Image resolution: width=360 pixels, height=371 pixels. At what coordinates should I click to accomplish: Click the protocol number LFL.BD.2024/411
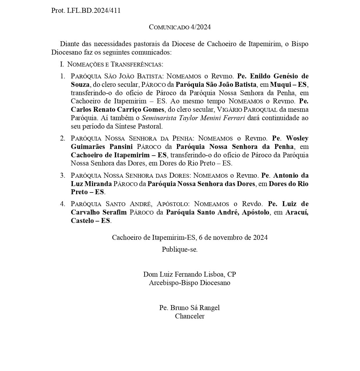pos(93,11)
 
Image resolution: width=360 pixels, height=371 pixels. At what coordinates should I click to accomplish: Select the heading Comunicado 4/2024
pos(180,27)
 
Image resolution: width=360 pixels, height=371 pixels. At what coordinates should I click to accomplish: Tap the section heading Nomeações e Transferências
pos(115,64)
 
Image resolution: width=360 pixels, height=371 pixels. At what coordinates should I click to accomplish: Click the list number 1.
pos(62,76)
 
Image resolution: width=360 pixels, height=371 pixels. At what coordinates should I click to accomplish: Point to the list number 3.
pos(62,175)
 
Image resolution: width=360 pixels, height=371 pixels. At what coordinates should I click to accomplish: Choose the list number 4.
pos(62,204)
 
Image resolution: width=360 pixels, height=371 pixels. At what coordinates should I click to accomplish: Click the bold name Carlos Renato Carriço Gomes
pos(118,109)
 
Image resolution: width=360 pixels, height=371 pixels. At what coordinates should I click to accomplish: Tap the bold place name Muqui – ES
pos(288,84)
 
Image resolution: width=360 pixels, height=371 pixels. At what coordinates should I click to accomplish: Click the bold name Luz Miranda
pos(91,184)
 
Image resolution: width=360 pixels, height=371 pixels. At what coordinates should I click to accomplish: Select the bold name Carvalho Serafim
pos(99,212)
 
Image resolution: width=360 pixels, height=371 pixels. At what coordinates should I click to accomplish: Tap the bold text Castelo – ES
pos(90,221)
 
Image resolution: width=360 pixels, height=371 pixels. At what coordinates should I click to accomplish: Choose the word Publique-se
pos(180,249)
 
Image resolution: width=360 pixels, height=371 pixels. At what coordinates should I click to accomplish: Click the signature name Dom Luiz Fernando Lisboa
pos(184,274)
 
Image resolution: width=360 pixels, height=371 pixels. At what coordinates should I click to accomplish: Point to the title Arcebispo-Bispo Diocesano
pos(190,282)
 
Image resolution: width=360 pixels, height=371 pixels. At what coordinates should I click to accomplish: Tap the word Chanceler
pos(190,316)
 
